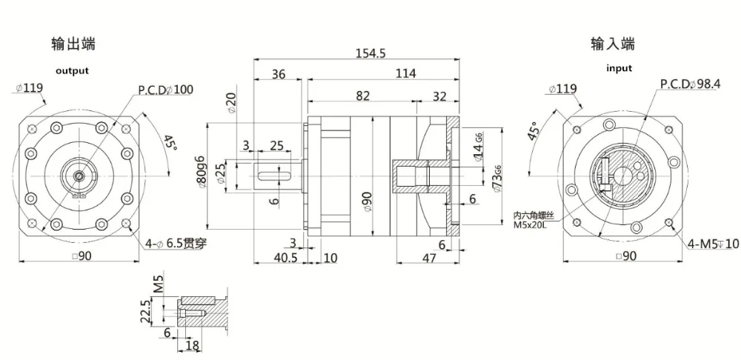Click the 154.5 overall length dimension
point(368,53)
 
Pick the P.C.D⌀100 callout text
point(165,90)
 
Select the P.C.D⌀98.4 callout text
point(690,84)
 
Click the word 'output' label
point(72,71)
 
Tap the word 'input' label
point(619,68)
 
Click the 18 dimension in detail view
point(190,346)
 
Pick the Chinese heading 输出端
point(72,44)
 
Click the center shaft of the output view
point(78,175)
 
